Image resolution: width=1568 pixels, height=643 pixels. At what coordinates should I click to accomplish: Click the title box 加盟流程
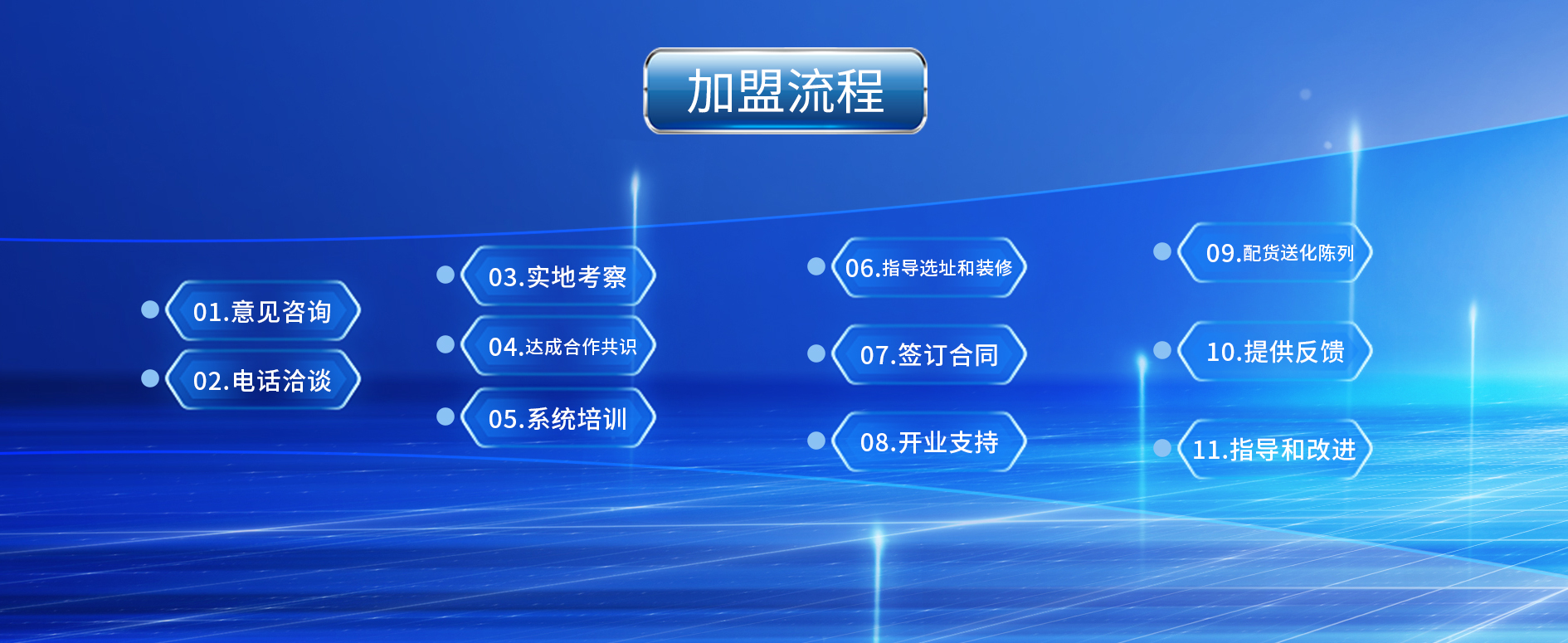785,90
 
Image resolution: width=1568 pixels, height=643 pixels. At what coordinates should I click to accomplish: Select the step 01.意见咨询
262,311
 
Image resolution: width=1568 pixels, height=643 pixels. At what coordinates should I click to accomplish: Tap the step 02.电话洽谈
262,380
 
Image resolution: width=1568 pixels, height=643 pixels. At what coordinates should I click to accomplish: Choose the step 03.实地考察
558,276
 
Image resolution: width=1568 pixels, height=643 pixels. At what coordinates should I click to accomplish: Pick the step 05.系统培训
558,418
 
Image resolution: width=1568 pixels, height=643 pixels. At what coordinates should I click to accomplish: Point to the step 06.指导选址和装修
928,268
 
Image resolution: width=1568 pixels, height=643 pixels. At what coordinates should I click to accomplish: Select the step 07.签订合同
928,354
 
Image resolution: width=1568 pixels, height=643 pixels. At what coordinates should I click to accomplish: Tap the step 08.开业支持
928,441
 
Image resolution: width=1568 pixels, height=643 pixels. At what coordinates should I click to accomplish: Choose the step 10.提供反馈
1275,351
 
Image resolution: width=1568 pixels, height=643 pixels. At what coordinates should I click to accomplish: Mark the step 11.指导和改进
1275,449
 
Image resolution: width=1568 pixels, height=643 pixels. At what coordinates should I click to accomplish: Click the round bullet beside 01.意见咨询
150,309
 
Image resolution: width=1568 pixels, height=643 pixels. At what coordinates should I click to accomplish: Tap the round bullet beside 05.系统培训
446,416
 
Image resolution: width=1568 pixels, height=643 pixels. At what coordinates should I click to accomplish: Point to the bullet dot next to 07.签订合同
816,353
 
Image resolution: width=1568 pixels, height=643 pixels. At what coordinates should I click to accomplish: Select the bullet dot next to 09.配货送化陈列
1162,251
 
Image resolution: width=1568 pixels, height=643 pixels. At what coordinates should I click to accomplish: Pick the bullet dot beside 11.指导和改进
1162,448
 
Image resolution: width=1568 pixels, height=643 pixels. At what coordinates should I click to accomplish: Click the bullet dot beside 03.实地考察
446,275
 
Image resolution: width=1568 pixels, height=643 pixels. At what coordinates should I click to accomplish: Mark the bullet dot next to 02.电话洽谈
150,378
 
